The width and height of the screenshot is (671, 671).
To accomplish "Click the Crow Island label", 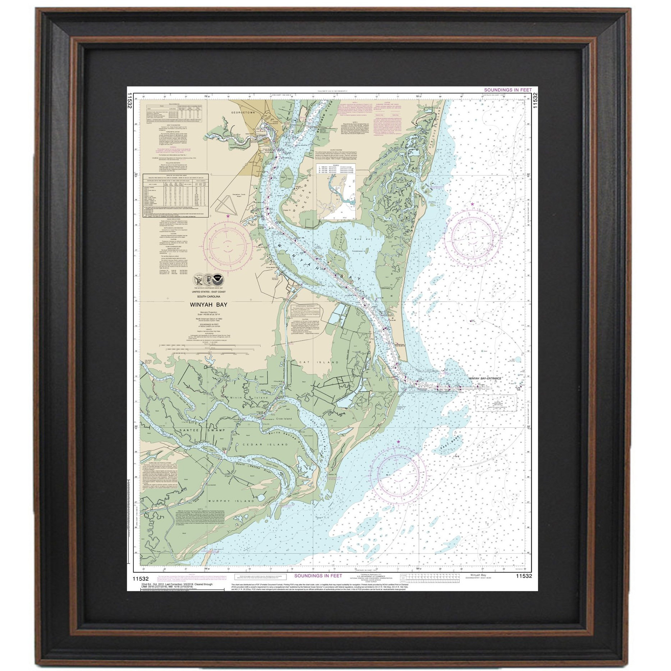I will [x=284, y=419].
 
